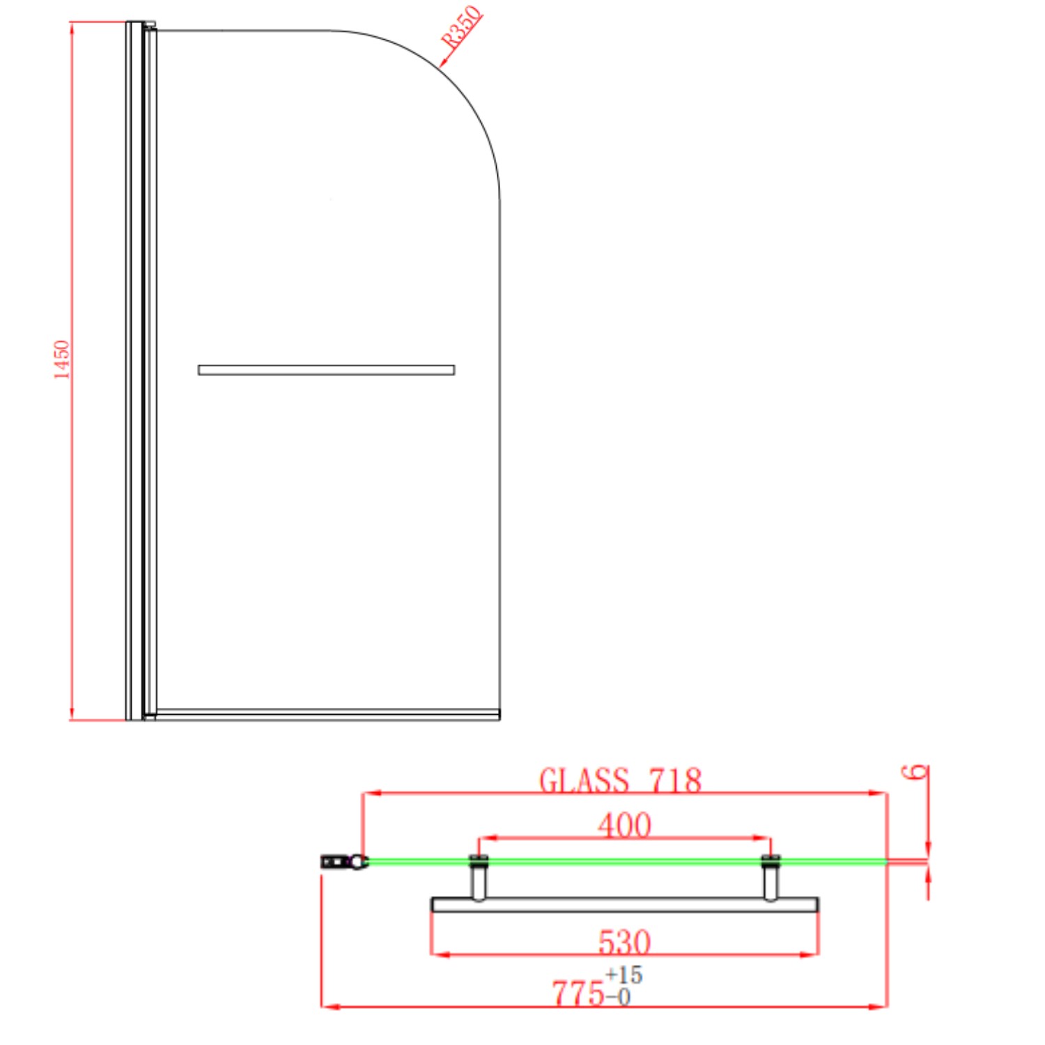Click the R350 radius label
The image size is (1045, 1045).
pos(462,28)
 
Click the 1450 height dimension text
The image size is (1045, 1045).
pos(63,359)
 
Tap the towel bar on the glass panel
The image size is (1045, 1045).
pos(326,370)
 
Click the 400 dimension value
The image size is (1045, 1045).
pos(624,825)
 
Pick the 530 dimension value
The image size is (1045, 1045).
pos(624,942)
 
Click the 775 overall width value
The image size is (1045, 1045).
pos(578,993)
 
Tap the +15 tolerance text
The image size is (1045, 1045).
pos(624,974)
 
